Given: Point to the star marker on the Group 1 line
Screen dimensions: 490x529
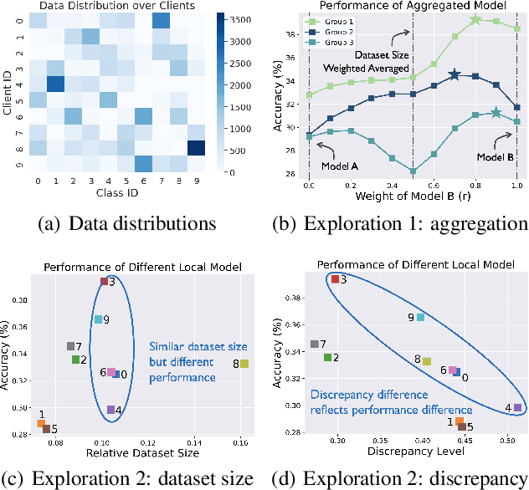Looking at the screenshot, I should pyautogui.click(x=475, y=19).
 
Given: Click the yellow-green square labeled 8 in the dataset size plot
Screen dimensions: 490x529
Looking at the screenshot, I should pyautogui.click(x=244, y=364).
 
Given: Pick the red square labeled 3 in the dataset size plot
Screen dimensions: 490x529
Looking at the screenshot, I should pyautogui.click(x=104, y=282).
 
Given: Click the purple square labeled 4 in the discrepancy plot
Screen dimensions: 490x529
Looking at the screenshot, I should pyautogui.click(x=517, y=408).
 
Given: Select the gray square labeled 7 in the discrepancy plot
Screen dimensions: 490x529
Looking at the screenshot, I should pyautogui.click(x=315, y=344).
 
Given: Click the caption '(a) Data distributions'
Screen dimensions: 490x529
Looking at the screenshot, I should pyautogui.click(x=128, y=222).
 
